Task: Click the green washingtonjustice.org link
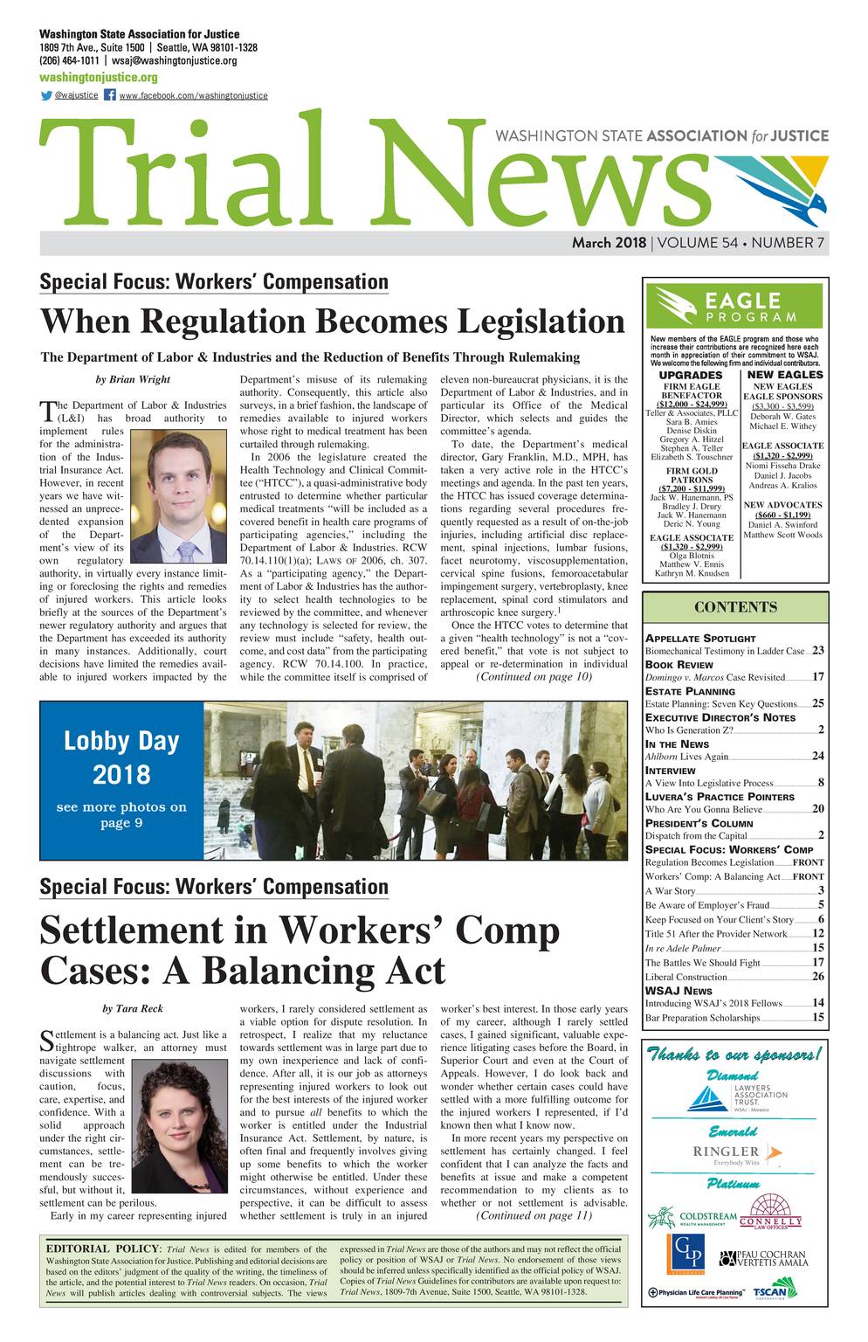pyautogui.click(x=98, y=77)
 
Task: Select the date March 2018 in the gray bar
pyautogui.click(x=609, y=243)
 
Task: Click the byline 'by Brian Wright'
pyautogui.click(x=132, y=379)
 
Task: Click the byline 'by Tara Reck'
pyautogui.click(x=132, y=1008)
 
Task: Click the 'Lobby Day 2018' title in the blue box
pyautogui.click(x=121, y=757)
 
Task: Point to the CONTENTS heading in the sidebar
pyautogui.click(x=734, y=607)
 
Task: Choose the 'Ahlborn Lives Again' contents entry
pyautogui.click(x=686, y=757)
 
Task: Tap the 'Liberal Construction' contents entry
pyautogui.click(x=685, y=976)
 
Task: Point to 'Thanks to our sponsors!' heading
pyautogui.click(x=734, y=1055)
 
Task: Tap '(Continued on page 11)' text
pyautogui.click(x=534, y=1215)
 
